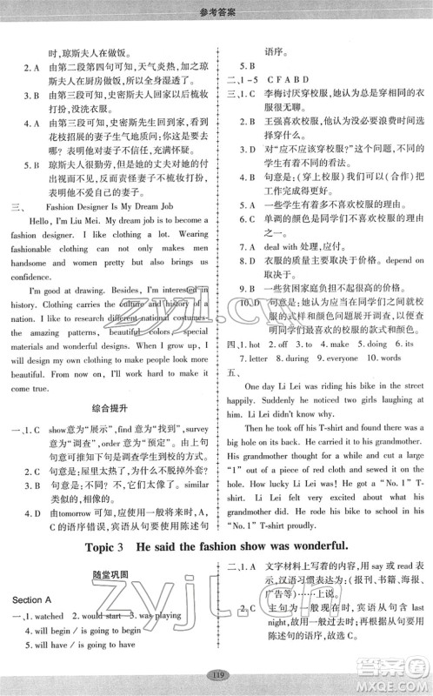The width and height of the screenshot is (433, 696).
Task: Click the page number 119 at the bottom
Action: pos(216,673)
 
